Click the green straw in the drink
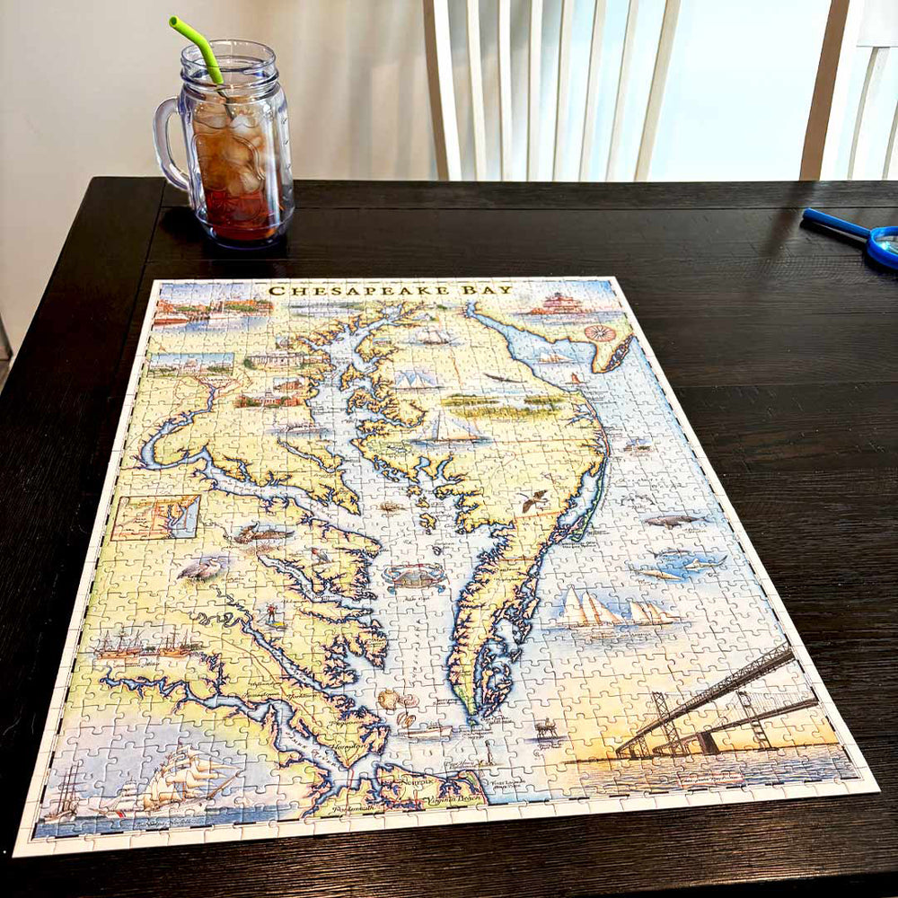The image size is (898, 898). (198, 49)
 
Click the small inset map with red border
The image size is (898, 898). (155, 517)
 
